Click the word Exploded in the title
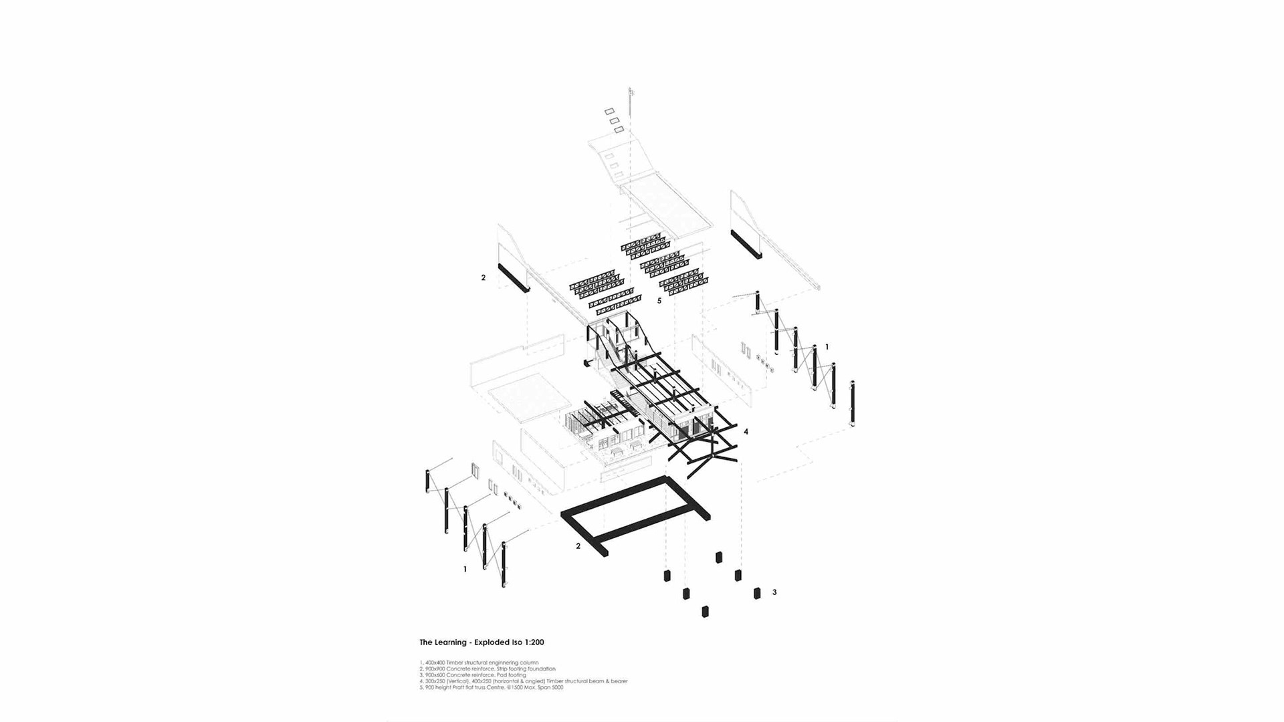coord(492,642)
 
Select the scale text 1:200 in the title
coord(534,642)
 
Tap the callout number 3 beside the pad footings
coord(774,592)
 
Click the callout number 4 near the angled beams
coord(746,432)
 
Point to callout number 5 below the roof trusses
coord(659,301)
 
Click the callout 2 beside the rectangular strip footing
coord(578,546)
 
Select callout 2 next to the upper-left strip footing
coord(484,277)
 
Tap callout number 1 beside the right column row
coord(827,347)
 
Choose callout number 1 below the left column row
coord(465,570)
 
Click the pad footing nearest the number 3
coord(757,593)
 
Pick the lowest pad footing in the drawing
coord(705,611)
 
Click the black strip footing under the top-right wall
coord(746,245)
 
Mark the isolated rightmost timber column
coord(853,404)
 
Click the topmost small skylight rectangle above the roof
coord(609,112)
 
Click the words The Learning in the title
coord(443,642)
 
